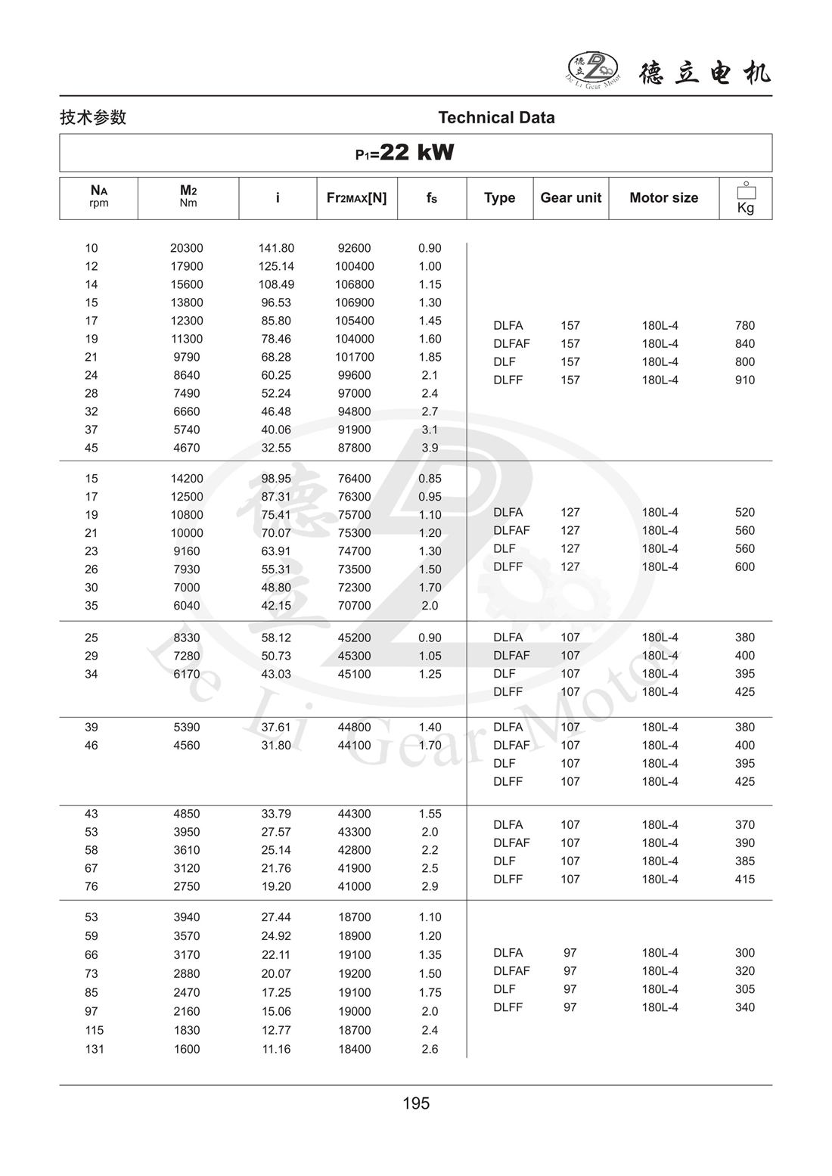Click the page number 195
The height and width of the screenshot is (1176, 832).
[x=416, y=1103]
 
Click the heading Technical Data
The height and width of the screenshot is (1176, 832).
[x=496, y=118]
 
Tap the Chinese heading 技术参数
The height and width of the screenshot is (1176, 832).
[x=93, y=117]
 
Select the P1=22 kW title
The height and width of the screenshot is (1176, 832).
[x=405, y=153]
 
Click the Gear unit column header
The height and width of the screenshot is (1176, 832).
[x=570, y=198]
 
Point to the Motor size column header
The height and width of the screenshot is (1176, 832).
[x=663, y=198]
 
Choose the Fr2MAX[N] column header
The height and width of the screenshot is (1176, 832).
[x=356, y=198]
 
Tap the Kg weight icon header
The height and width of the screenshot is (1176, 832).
[x=745, y=199]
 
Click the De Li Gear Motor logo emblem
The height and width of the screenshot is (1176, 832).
[x=593, y=68]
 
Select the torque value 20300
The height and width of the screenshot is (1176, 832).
[x=187, y=248]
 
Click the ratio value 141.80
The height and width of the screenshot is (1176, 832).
[x=276, y=248]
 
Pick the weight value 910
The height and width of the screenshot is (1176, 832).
[x=744, y=380]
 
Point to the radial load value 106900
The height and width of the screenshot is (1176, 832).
[x=354, y=303]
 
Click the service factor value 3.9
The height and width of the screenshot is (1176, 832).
[x=430, y=448]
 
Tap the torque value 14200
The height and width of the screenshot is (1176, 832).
[x=187, y=479]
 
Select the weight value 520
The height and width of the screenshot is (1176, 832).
[x=744, y=513]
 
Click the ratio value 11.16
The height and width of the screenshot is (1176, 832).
[x=276, y=1049]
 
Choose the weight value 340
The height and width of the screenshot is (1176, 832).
[x=744, y=1007]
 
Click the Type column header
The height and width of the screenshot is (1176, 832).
[x=499, y=198]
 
